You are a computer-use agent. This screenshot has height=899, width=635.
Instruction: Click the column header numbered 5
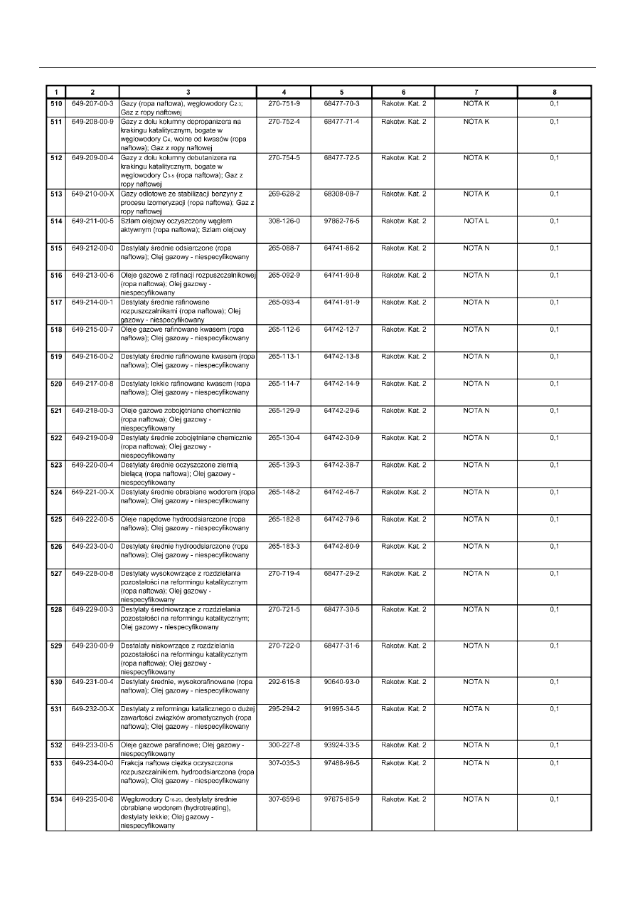point(341,92)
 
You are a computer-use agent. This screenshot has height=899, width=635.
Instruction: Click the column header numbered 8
point(555,92)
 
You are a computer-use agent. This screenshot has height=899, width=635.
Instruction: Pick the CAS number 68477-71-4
point(341,122)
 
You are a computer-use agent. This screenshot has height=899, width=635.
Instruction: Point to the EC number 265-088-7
point(284,248)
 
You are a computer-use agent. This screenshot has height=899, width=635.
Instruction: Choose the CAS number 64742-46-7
point(341,492)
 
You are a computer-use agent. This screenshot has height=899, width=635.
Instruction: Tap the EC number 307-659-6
point(284,799)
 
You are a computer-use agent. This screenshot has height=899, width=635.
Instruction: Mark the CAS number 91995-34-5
point(341,709)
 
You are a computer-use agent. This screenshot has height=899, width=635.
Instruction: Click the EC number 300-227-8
point(284,745)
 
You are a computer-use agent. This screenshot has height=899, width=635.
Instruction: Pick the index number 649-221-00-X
point(92,492)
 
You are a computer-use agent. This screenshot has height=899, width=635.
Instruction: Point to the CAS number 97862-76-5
point(341,221)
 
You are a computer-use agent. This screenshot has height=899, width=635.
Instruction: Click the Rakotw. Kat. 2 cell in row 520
point(404,384)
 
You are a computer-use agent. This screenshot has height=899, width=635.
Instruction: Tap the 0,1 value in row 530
point(555,682)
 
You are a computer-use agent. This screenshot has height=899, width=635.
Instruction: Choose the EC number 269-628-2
point(284,194)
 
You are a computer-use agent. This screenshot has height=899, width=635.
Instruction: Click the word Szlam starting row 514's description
point(131,221)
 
